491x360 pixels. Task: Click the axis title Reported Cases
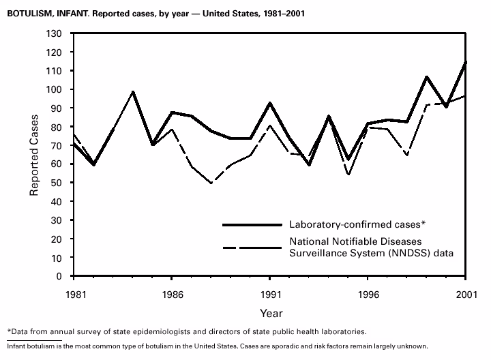coord(33,155)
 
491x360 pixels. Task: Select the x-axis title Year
coord(270,313)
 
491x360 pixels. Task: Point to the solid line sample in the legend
coord(252,224)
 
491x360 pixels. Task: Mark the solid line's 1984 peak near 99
coord(133,91)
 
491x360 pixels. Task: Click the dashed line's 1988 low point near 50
coord(211,183)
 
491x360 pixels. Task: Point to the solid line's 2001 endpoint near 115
coord(465,62)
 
